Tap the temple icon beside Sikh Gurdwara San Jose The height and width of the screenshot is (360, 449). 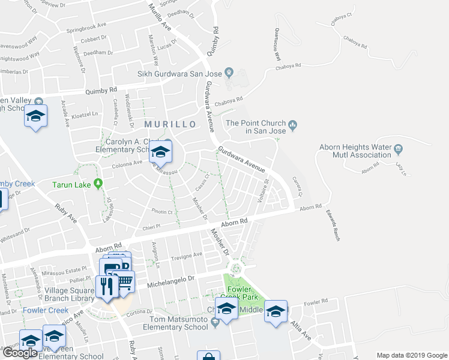229,74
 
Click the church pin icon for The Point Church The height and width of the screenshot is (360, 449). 293,125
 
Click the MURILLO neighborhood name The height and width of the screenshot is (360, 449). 170,124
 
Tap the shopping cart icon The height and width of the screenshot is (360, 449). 124,281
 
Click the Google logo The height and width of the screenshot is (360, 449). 20,353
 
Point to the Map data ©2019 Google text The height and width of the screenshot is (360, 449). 412,355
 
